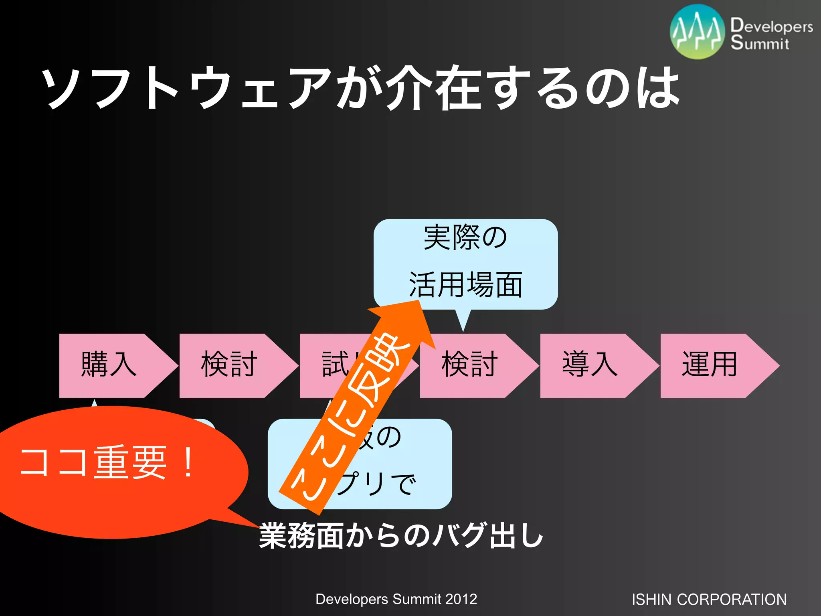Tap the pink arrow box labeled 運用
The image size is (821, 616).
pyautogui.click(x=710, y=365)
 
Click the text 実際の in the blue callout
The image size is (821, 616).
pyautogui.click(x=465, y=238)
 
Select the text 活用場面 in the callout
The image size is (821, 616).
pyautogui.click(x=465, y=285)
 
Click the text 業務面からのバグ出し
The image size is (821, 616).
pyautogui.click(x=401, y=535)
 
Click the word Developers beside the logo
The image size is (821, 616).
pyautogui.click(x=771, y=26)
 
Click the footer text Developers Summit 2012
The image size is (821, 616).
pyautogui.click(x=396, y=599)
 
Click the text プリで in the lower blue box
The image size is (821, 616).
pyautogui.click(x=377, y=483)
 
